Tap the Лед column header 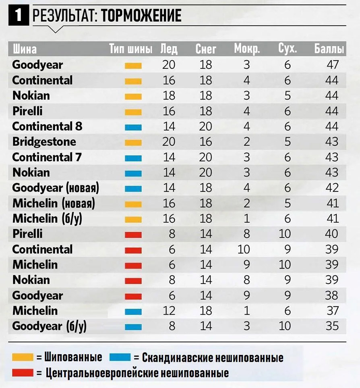pos(169,49)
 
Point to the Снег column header pos(206,49)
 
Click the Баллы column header pos(329,49)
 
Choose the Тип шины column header pos(131,49)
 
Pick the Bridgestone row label pos(44,142)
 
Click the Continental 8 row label pos(47,127)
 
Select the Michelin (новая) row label pos(54,203)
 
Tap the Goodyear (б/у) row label pos(50,326)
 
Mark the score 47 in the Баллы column pos(332,64)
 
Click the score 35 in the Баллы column pos(332,326)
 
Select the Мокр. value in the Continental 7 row pos(246,157)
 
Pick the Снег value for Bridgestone pos(206,142)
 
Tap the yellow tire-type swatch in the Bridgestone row pos(133,142)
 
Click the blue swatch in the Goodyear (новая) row pos(133,189)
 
